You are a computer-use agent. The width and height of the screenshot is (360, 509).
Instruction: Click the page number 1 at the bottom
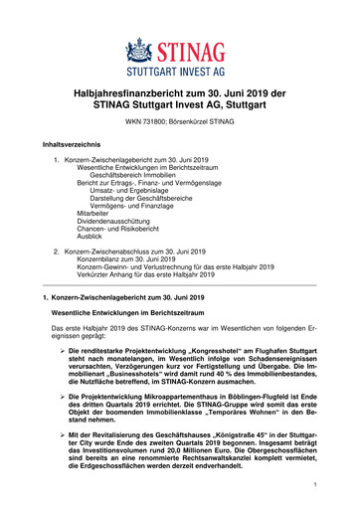pyautogui.click(x=312, y=484)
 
